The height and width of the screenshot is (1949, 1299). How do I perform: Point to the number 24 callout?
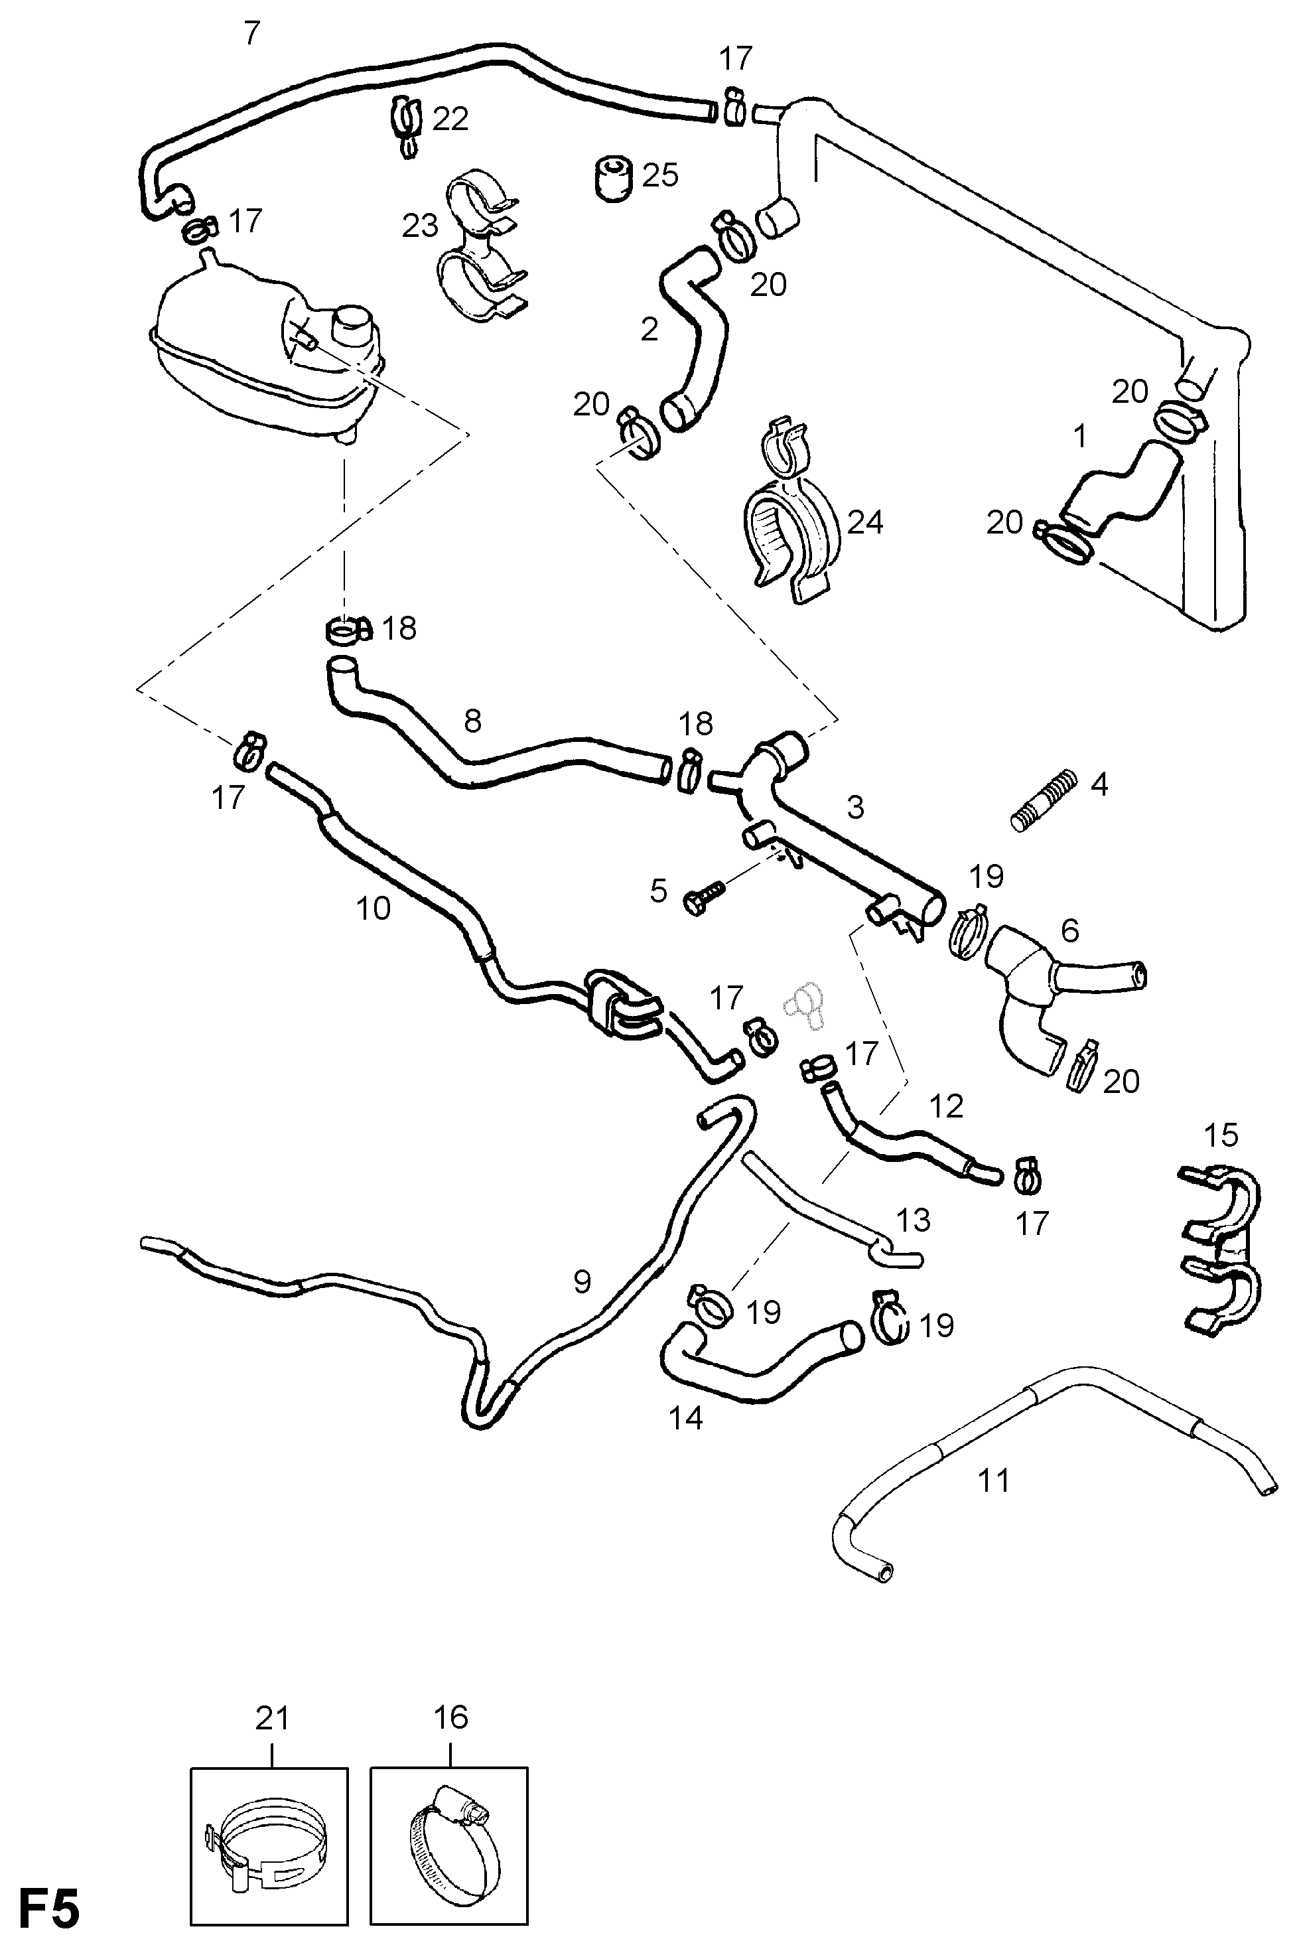click(865, 523)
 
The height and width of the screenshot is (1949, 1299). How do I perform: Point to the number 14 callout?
click(686, 1418)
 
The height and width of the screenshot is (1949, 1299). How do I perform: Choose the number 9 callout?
click(582, 1282)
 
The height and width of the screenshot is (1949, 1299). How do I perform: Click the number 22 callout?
click(450, 119)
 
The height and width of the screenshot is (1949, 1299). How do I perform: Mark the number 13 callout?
click(913, 1220)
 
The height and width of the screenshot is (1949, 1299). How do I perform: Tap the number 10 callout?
click(373, 909)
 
